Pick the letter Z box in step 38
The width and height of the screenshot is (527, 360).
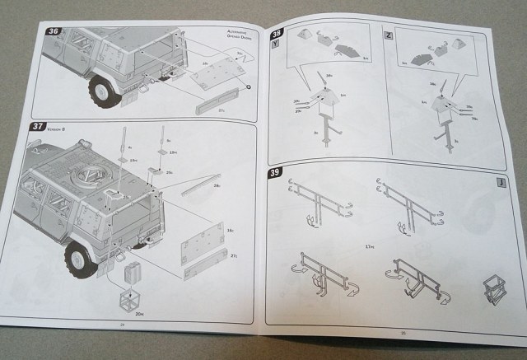click(x=389, y=36)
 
